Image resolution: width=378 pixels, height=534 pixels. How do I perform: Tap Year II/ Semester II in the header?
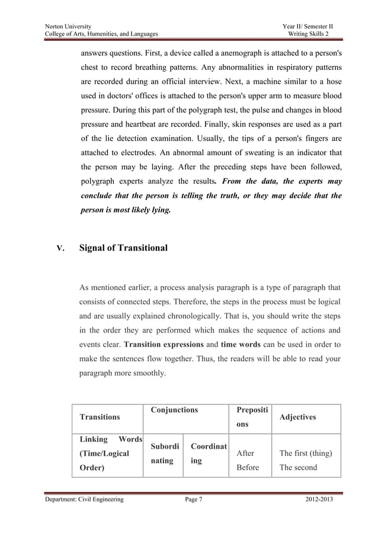click(308, 27)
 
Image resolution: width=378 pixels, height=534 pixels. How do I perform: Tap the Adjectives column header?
click(298, 417)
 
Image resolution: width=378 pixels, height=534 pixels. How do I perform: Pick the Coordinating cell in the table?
click(207, 453)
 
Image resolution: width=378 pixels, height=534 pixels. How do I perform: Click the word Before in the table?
click(248, 467)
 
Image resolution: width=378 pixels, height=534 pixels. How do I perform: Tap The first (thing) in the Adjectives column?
click(305, 453)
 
